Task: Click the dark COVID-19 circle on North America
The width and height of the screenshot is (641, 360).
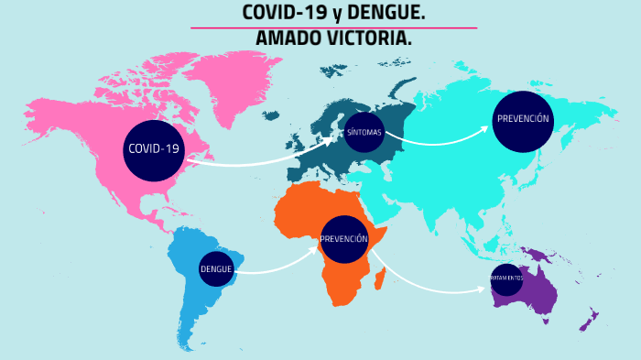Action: [x=154, y=149]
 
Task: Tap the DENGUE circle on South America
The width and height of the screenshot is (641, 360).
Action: [x=216, y=268]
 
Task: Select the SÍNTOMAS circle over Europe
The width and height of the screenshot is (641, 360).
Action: [x=364, y=132]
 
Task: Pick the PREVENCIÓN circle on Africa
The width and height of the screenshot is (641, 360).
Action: [x=344, y=238]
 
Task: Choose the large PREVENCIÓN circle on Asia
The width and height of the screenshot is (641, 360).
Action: [x=523, y=120]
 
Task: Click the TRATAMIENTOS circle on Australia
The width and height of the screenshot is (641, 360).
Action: [x=505, y=278]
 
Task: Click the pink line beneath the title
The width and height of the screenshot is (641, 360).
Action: [x=333, y=27]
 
